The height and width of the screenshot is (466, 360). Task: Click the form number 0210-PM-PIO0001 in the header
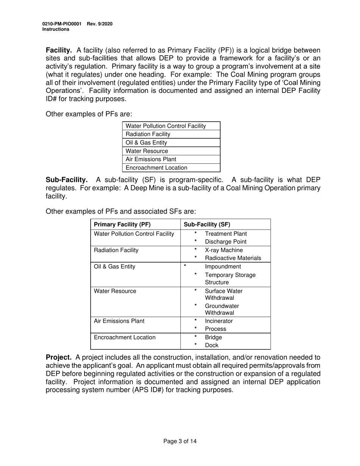(62, 24)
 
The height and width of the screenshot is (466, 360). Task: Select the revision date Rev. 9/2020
(100, 24)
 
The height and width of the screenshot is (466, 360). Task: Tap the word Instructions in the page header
(56, 29)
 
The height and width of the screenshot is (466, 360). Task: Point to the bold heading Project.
(58, 357)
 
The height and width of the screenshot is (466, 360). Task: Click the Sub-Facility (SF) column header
(207, 224)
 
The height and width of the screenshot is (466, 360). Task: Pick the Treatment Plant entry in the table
(225, 234)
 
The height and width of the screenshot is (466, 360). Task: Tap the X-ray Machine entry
(224, 250)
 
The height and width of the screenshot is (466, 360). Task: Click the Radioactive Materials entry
(233, 258)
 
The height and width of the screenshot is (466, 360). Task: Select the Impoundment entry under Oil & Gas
(223, 266)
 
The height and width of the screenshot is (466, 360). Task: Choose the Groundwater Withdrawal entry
(222, 309)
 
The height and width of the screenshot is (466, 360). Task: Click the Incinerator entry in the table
(219, 321)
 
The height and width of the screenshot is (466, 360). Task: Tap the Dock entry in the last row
(211, 345)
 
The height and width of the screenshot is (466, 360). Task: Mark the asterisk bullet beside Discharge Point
(196, 241)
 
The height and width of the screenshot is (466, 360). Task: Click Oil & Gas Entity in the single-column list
(146, 142)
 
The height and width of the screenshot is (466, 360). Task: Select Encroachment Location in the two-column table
(124, 337)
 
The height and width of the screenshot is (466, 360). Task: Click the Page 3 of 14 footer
(180, 441)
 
